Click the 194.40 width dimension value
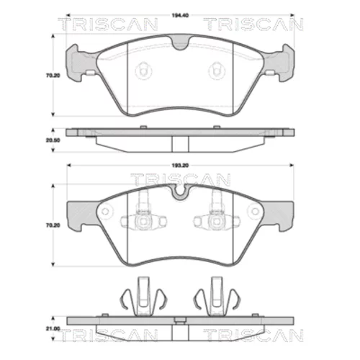coord(180,15)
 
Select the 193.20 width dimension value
coord(180,166)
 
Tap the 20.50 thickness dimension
coord(53,140)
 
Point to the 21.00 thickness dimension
coord(53,328)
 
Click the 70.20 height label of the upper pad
coord(53,76)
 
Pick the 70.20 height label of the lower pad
coord(53,225)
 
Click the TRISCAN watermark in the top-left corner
coord(108,24)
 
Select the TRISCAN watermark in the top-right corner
coord(253,24)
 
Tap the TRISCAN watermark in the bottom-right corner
coord(253,335)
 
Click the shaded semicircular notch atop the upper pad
coord(181,42)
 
